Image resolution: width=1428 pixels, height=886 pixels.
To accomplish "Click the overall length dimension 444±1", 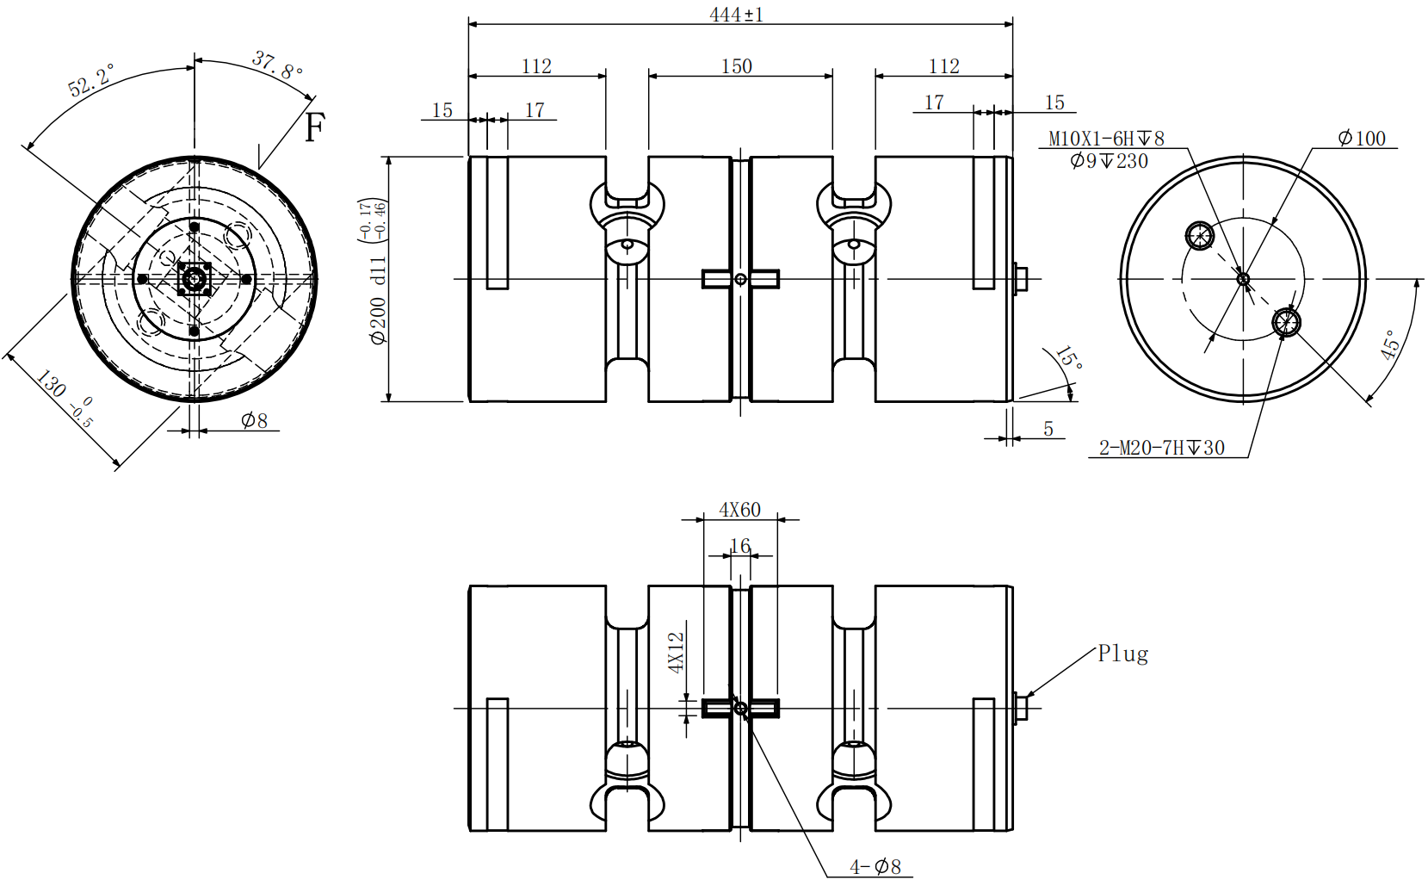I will click(x=736, y=15).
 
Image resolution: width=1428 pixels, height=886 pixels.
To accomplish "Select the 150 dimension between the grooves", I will click(x=737, y=66).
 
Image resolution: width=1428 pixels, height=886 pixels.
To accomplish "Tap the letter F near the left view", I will click(x=315, y=127).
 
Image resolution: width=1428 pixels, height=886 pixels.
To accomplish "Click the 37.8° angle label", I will click(x=277, y=65).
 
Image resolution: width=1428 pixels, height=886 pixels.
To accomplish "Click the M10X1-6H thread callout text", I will click(x=1106, y=139).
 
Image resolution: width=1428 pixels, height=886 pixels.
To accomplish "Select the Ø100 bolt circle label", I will click(x=1362, y=138).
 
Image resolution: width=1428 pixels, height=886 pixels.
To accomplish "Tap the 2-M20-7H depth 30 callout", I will click(x=1161, y=448).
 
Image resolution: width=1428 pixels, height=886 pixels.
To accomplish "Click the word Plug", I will click(x=1122, y=654).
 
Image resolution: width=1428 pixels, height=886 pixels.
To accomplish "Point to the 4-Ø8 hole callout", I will click(x=875, y=867).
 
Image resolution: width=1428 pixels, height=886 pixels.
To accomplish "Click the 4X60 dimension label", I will click(x=740, y=510).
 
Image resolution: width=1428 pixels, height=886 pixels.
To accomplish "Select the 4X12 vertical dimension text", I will click(x=677, y=653).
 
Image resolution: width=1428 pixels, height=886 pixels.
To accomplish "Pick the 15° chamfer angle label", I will click(x=1068, y=358).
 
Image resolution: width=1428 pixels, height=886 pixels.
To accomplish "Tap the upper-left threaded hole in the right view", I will click(x=1199, y=236).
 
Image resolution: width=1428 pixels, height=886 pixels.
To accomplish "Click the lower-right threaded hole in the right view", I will click(x=1286, y=323).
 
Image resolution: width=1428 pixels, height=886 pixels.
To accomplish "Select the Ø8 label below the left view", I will click(x=254, y=421).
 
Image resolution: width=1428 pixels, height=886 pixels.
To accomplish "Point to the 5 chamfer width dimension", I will click(x=1048, y=428).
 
